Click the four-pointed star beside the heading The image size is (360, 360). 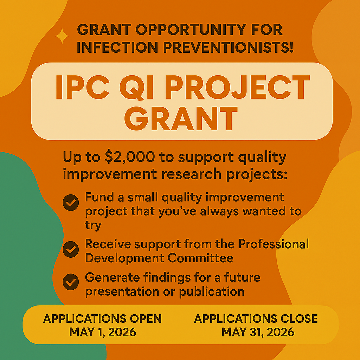[62, 36]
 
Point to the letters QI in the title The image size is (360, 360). [136, 88]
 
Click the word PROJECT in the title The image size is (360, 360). [237, 87]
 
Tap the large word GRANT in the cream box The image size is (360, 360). [181, 118]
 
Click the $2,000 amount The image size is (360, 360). [130, 157]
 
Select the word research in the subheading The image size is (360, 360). [191, 174]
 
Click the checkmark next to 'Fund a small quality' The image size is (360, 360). [71, 203]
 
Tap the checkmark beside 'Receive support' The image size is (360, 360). [71, 249]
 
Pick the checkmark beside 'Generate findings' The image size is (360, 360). [71, 282]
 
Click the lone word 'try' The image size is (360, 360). [93, 225]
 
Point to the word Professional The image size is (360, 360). [274, 244]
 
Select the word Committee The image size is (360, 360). [200, 258]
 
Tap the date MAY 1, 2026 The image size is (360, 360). [103, 332]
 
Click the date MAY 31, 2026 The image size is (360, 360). [258, 332]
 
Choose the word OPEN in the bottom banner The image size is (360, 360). [146, 319]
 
